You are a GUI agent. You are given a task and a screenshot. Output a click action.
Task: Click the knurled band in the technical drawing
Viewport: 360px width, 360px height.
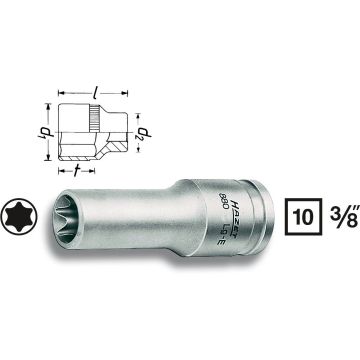tap(94, 121)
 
